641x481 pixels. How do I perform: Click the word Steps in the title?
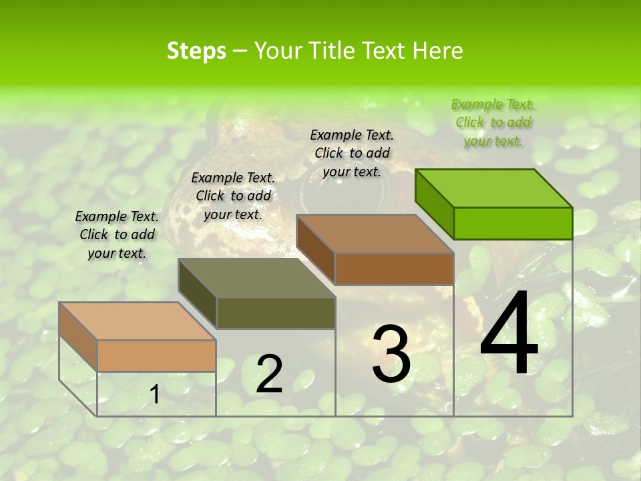tap(196, 51)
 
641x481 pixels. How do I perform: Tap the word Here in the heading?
tap(437, 51)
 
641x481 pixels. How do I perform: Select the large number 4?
tap(509, 334)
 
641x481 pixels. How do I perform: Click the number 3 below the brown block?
tap(391, 354)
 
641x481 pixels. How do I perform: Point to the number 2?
tap(269, 374)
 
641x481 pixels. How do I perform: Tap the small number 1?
tap(155, 395)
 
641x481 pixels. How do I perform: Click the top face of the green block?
tap(494, 188)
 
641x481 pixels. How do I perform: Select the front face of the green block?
tap(513, 223)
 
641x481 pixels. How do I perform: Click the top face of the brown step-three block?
tap(375, 234)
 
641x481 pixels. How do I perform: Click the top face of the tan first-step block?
tap(138, 321)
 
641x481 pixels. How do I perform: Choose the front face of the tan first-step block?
tap(156, 355)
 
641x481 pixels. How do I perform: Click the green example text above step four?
tap(493, 123)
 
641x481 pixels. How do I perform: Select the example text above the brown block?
tap(352, 153)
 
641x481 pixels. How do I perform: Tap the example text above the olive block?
tap(233, 196)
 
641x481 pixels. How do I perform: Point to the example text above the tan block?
tap(117, 234)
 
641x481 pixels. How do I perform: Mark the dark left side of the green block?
tap(435, 203)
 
